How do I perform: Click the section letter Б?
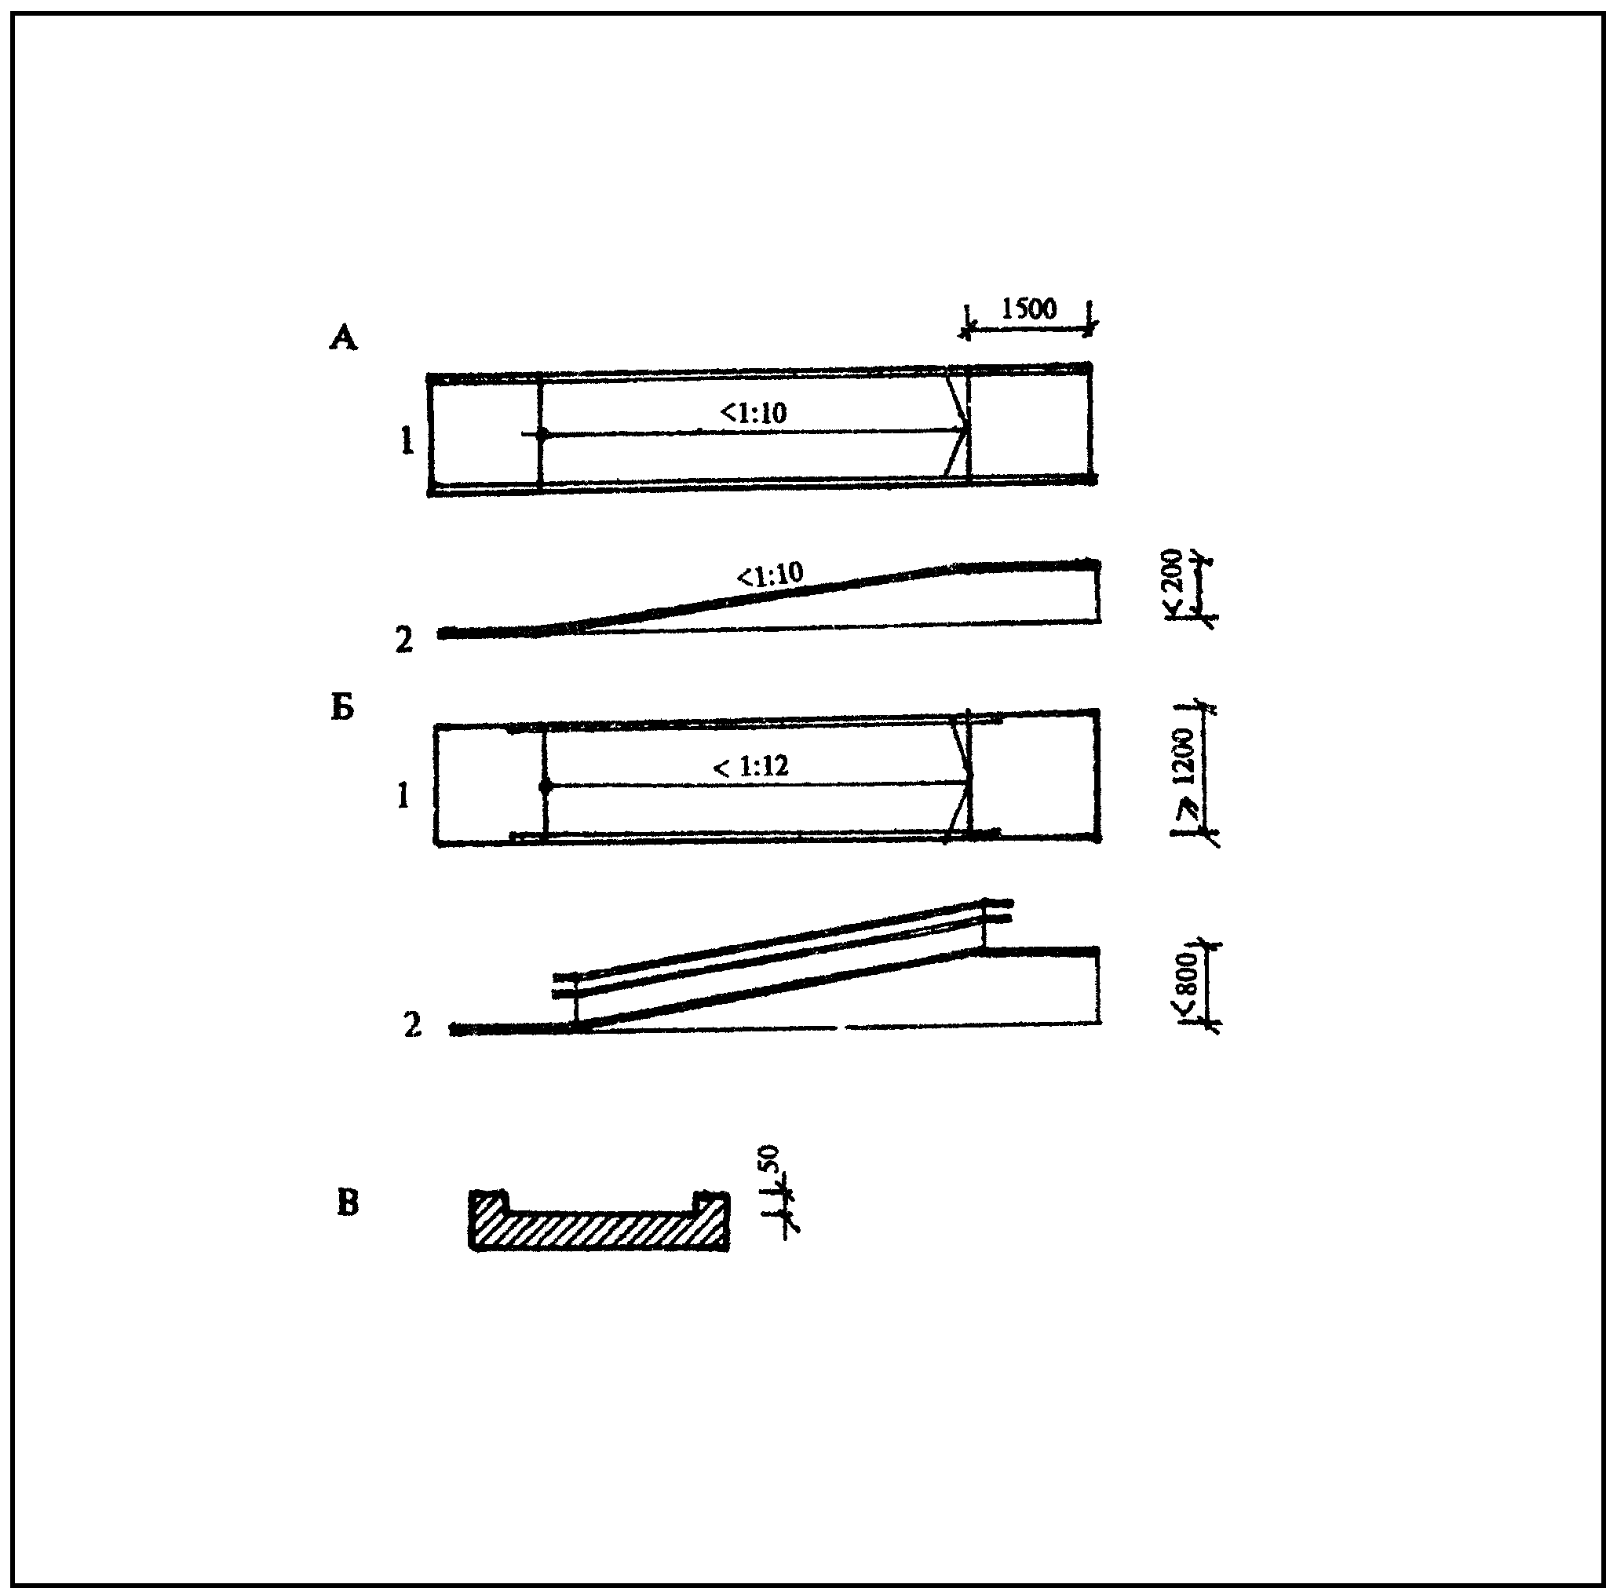pos(343,708)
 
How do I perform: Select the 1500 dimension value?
pos(1028,308)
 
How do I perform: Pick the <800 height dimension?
pos(1188,986)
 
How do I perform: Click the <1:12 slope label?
pos(750,765)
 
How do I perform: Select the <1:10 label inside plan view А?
pos(754,413)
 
